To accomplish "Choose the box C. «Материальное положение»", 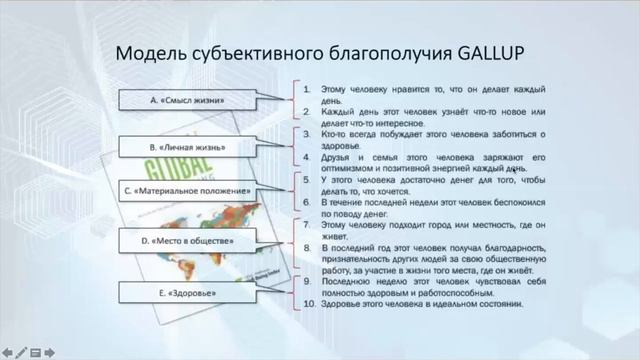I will coord(187,189).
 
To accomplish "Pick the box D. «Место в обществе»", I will coord(187,241).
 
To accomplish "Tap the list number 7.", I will coord(309,226).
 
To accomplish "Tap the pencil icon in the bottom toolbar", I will coord(20,352).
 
